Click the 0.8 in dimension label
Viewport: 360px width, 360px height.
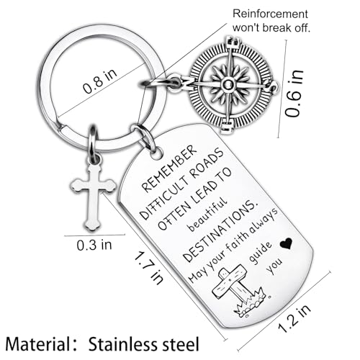pos(100,81)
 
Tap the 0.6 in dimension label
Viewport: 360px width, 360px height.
pos(294,94)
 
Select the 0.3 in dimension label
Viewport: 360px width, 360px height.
pos(94,245)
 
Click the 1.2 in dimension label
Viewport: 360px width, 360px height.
pos(294,318)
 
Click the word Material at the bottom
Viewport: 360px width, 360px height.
pos(38,344)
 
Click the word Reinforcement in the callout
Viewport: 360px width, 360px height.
pos(270,14)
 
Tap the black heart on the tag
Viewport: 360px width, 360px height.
pos(286,243)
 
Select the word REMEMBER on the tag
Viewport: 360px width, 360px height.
pos(169,168)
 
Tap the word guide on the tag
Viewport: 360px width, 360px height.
pos(261,252)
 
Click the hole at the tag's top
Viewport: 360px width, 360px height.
pos(157,154)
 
